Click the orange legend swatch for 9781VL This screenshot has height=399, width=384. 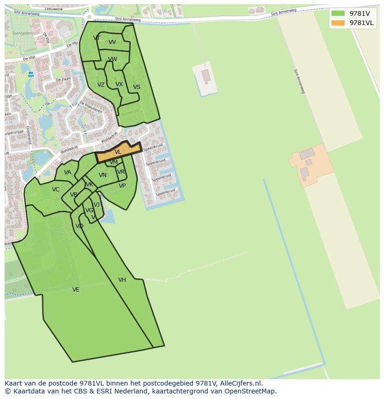[x=338, y=23]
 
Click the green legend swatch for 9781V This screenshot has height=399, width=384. [x=338, y=13]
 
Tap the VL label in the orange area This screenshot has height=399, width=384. [x=118, y=152]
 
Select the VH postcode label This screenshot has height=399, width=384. [x=122, y=280]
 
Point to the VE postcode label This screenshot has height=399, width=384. [x=76, y=290]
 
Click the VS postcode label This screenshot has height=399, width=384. [x=137, y=87]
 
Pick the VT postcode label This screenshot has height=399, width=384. [x=96, y=38]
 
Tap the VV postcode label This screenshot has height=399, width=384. [x=112, y=42]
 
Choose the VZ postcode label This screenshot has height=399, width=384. [x=101, y=85]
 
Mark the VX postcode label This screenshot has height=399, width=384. [x=119, y=84]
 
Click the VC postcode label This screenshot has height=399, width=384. [x=56, y=190]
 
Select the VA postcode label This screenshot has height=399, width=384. [x=68, y=172]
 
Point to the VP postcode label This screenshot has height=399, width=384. [x=122, y=186]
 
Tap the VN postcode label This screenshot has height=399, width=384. [x=102, y=175]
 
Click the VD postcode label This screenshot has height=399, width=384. [x=79, y=226]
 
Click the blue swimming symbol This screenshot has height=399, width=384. [x=31, y=74]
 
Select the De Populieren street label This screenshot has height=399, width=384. [x=90, y=108]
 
